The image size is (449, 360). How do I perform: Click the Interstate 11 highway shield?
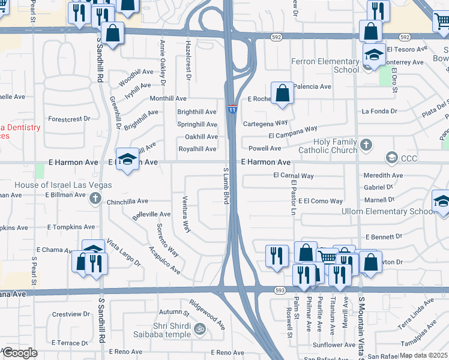(232, 109)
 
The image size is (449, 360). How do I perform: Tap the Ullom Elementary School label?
(387, 211)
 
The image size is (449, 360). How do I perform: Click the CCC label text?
(410, 158)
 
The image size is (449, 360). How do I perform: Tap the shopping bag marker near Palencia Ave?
(282, 94)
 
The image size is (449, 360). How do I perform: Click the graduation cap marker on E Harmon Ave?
(127, 160)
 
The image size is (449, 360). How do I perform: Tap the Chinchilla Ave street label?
(127, 202)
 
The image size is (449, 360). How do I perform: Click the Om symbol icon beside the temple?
(200, 328)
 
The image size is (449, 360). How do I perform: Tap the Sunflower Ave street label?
(333, 345)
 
